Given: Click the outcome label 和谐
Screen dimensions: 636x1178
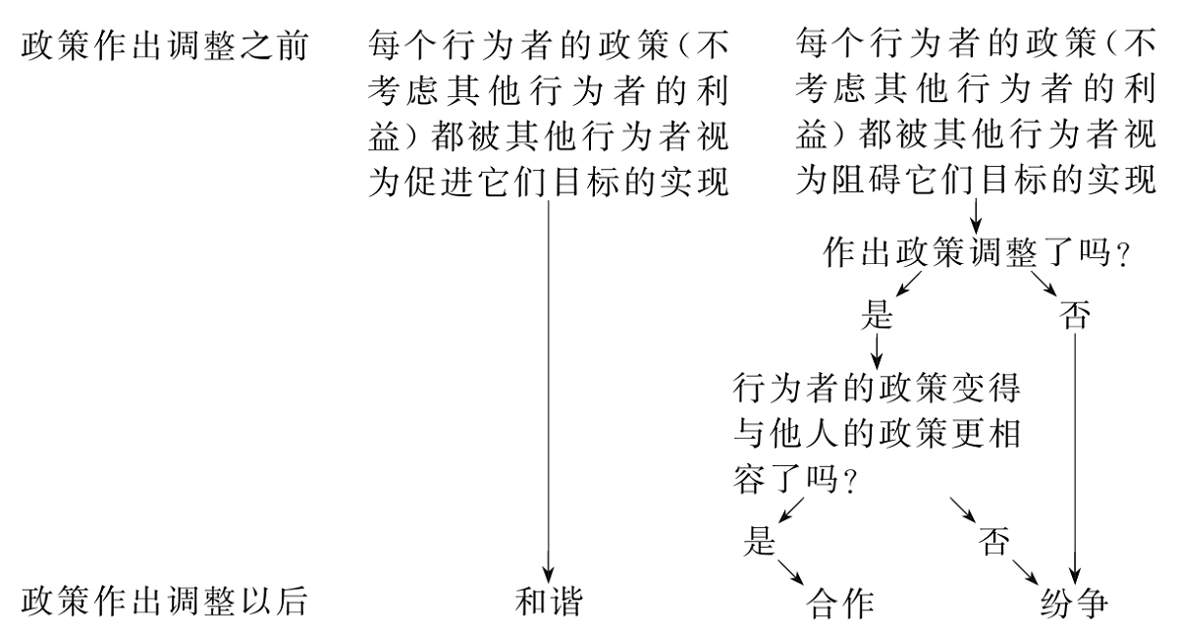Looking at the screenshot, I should tap(549, 603).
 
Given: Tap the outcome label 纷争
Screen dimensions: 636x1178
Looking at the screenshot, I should tap(1073, 603).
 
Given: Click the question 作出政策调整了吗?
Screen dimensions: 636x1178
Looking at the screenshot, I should tap(971, 253).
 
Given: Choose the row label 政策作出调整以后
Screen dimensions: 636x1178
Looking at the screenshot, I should tap(162, 603).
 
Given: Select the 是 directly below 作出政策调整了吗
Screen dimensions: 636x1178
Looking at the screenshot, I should tap(875, 315).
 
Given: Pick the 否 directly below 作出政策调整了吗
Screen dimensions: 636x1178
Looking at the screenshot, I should tap(1075, 315).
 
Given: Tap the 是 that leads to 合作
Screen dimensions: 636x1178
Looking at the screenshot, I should tap(760, 542).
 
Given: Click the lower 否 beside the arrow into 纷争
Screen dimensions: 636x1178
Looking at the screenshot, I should tap(994, 542).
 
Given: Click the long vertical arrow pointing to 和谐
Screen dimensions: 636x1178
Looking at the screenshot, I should tap(548, 393).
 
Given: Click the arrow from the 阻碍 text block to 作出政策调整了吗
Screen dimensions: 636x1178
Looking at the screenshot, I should tap(975, 213).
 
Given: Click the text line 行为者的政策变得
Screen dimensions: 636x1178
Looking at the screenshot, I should tap(877, 387).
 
